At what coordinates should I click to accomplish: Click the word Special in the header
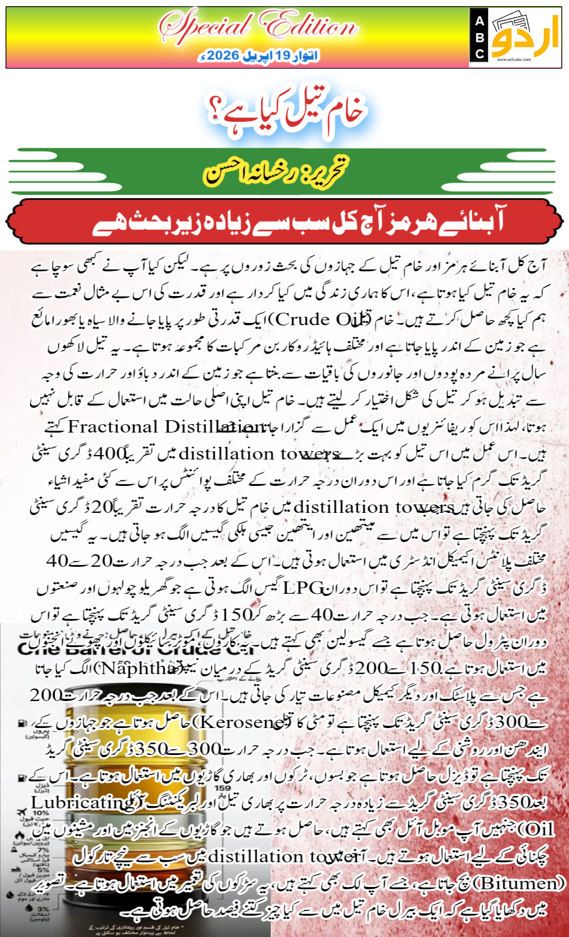[x=205, y=26]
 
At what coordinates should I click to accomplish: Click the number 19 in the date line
[x=283, y=56]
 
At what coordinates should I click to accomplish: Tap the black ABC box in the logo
[x=479, y=38]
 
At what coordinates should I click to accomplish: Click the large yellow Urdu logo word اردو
[x=526, y=37]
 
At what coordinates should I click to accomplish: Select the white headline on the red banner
[x=298, y=221]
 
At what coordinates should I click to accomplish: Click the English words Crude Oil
[x=322, y=320]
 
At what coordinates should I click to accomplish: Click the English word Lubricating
[x=82, y=802]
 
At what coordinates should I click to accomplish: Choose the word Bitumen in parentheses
[x=520, y=883]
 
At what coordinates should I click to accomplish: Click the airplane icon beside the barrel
[x=22, y=813]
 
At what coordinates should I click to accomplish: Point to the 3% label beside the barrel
[x=43, y=908]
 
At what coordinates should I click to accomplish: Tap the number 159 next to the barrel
[x=222, y=788]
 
